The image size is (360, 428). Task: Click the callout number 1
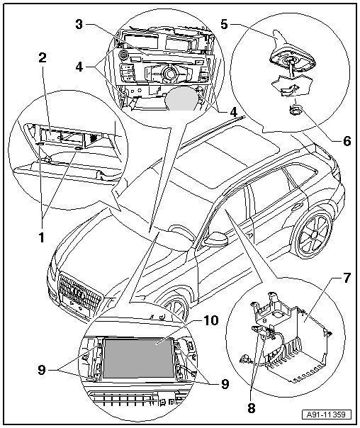(42, 237)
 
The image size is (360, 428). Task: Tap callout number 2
(43, 58)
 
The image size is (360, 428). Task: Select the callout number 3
(79, 24)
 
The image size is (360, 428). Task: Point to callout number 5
(224, 24)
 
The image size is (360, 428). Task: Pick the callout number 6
(347, 141)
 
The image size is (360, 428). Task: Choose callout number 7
(346, 278)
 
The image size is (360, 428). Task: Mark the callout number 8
(251, 408)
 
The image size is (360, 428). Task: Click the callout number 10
(210, 320)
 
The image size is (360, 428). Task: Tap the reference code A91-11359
(326, 415)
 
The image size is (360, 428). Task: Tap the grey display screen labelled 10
(137, 358)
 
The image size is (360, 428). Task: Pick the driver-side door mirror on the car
(216, 240)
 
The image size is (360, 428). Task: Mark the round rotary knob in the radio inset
(169, 72)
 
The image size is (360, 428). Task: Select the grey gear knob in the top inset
(181, 98)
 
